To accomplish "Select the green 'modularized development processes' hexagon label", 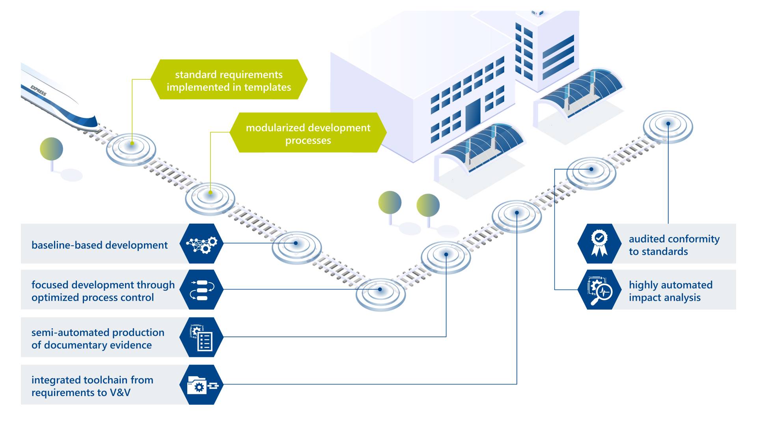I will tap(308, 133).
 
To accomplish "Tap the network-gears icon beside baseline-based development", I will tap(201, 244).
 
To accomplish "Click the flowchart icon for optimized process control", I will tap(201, 290).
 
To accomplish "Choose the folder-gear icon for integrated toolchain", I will tap(201, 385).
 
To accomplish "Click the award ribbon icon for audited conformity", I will tap(599, 244).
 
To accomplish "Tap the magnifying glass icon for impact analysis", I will tap(599, 290).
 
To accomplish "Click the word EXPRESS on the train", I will tap(39, 90).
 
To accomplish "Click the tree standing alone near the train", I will tap(52, 149).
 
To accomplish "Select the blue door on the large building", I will tap(473, 115).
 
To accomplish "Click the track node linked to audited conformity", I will tap(668, 125).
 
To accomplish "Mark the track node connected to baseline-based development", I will tap(296, 244).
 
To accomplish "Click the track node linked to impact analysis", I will tap(591, 170).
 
